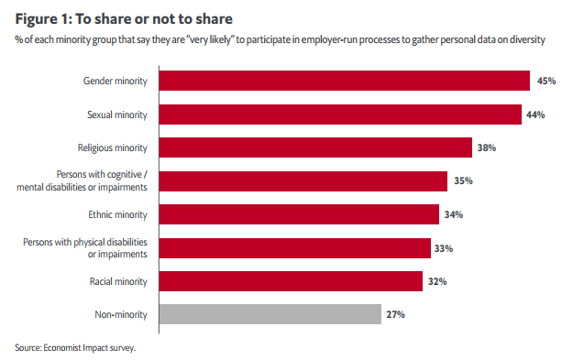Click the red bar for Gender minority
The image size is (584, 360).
pos(345,81)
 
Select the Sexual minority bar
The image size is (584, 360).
pos(340,115)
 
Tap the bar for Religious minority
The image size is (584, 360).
pos(315,147)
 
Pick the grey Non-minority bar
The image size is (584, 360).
pos(270,314)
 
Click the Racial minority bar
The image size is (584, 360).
pos(291,281)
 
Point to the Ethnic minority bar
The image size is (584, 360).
pos(299,214)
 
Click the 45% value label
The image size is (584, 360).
pos(546,81)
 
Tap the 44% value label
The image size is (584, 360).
pos(535,115)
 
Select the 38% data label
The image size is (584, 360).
pos(487,147)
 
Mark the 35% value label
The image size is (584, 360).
pos(463,181)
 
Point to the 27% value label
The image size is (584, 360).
pos(395,314)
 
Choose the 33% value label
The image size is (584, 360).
pos(444,248)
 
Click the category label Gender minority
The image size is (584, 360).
pos(116,82)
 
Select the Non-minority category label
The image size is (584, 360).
pos(121,314)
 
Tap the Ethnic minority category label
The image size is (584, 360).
pos(117,214)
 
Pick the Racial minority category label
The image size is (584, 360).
pos(118,281)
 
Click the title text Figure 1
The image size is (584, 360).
pos(44,19)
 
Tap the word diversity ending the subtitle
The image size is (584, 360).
pos(527,39)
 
